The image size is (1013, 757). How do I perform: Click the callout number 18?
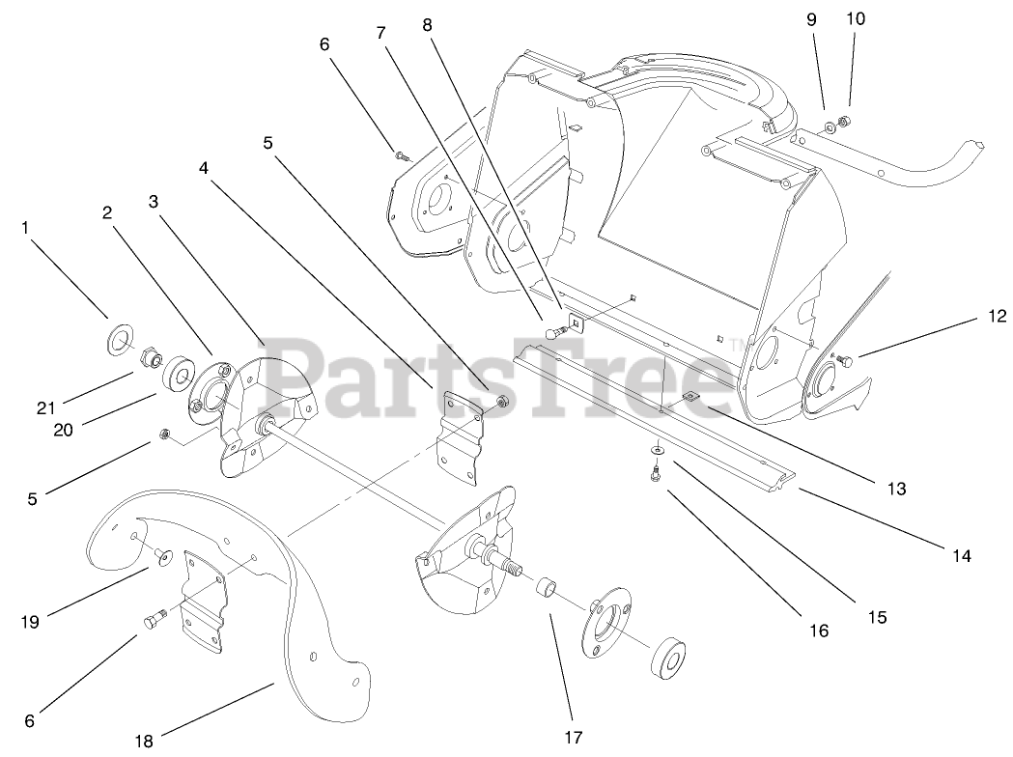(144, 742)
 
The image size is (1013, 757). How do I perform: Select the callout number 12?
(997, 316)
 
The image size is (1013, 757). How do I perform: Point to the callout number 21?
(45, 407)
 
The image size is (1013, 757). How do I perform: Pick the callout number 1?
(25, 228)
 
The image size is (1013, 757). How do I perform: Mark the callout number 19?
(31, 622)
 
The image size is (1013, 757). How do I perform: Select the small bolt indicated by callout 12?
(845, 361)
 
